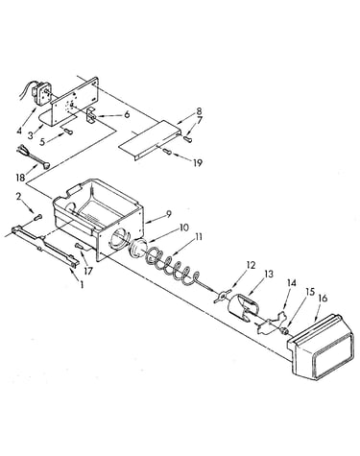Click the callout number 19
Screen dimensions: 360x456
tap(198, 163)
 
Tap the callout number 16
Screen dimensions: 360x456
tap(324, 299)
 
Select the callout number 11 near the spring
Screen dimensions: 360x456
tap(199, 237)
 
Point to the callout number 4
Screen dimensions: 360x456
tap(19, 131)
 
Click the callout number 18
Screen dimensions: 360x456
tap(20, 178)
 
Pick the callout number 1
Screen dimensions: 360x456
tap(82, 284)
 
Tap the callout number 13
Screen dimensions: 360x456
tap(269, 275)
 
